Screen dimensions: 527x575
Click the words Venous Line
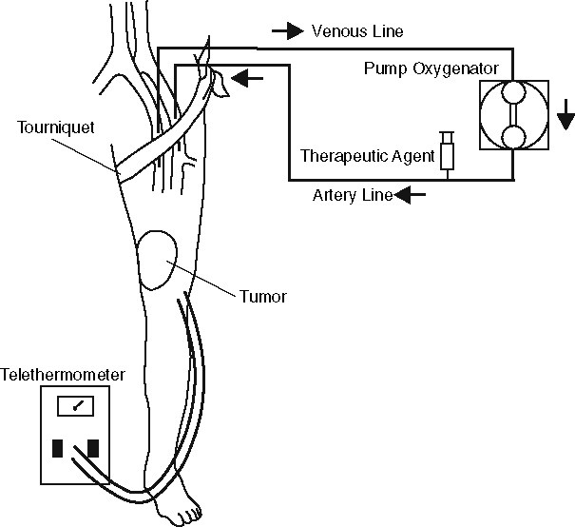click(x=357, y=31)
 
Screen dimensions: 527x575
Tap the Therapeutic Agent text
click(x=367, y=154)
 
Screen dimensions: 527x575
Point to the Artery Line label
click(x=352, y=196)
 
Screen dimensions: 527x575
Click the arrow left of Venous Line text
click(x=287, y=31)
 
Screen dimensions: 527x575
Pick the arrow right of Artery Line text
click(x=411, y=196)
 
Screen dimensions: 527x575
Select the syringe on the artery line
click(x=447, y=152)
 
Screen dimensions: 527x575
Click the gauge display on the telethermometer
click(x=75, y=406)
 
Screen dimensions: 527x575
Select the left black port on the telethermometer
click(x=57, y=448)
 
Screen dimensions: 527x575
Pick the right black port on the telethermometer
click(x=93, y=448)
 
